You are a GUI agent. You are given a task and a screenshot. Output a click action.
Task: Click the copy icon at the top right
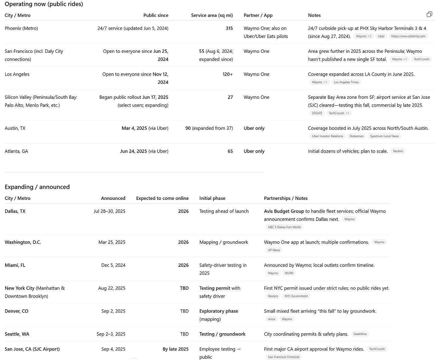429,14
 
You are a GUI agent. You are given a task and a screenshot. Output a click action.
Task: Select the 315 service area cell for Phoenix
229,28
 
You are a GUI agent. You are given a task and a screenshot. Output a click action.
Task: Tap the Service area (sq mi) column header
212,15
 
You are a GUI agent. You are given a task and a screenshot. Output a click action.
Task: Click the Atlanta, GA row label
16,151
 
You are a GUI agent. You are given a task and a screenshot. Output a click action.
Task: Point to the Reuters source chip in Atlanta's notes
398,151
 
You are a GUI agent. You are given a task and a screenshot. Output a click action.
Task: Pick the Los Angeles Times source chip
346,82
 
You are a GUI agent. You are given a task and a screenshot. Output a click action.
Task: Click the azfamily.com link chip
408,36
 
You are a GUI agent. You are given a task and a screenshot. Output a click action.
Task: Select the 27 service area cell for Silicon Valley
230,97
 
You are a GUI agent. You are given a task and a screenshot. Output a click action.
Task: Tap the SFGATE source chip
317,113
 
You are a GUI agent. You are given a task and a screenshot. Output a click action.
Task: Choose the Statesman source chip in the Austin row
356,136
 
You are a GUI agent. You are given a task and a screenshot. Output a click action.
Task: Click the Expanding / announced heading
37,187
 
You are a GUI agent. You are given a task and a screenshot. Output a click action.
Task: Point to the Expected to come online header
162,198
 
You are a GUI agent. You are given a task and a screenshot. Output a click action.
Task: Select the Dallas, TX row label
15,211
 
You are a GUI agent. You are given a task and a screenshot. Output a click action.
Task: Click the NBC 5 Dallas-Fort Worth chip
284,227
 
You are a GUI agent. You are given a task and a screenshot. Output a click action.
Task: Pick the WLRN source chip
289,273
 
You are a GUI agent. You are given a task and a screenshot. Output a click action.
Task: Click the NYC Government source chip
296,296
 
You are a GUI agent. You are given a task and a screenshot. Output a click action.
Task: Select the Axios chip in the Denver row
271,319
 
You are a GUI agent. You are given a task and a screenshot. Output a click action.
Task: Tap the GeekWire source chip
360,334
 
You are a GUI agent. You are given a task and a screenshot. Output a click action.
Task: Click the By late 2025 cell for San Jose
175,349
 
